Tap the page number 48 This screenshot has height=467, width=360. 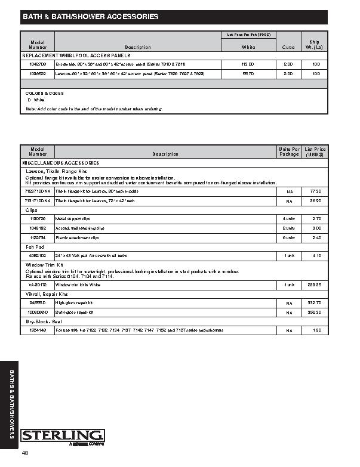(x=25, y=454)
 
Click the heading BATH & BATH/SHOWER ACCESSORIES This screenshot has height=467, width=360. (x=91, y=17)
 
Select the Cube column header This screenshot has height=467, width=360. (x=288, y=47)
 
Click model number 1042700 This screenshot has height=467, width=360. (x=38, y=63)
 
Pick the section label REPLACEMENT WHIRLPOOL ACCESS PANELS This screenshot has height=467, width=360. (x=76, y=55)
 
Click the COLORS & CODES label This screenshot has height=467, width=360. (x=45, y=93)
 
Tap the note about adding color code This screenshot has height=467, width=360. (x=94, y=109)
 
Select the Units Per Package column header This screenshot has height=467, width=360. (x=288, y=151)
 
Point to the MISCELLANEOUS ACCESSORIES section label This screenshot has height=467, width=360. (x=60, y=162)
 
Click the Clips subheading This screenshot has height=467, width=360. (x=32, y=211)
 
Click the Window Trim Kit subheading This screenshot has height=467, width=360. (x=44, y=264)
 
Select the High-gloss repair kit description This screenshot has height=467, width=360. (x=75, y=303)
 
